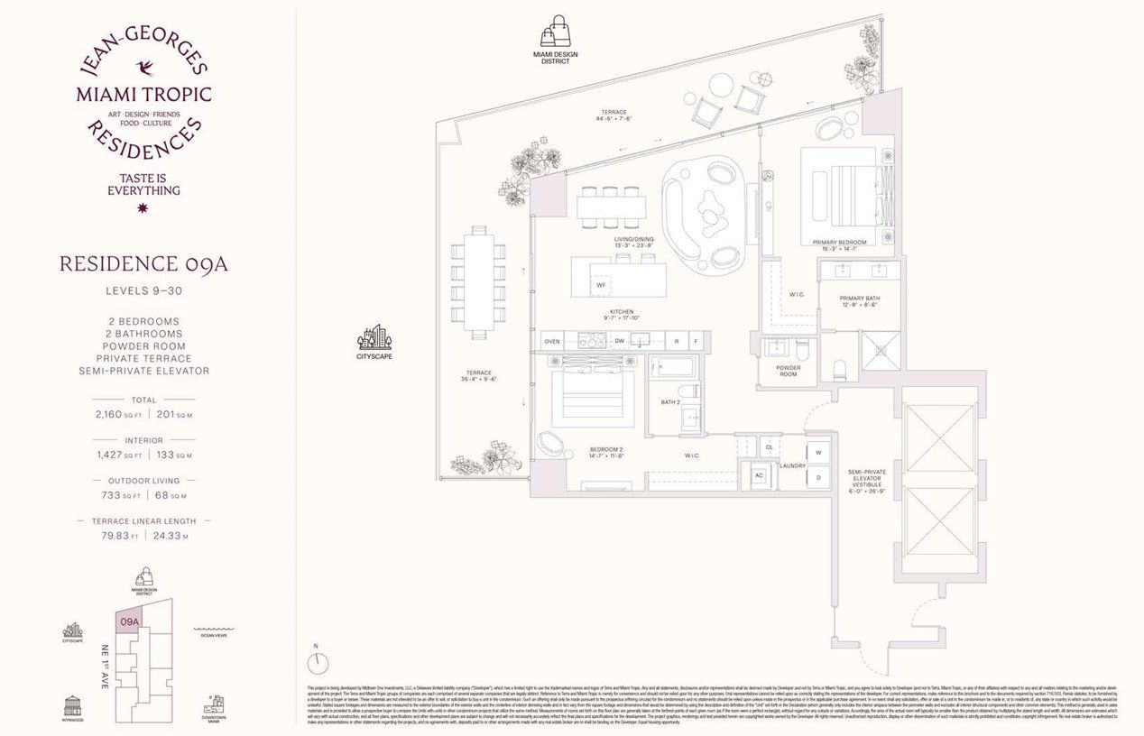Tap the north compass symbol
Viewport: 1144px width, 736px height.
click(318, 663)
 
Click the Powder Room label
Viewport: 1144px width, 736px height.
click(788, 371)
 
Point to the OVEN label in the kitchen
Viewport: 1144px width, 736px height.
click(552, 341)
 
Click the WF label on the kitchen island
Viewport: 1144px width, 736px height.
click(600, 285)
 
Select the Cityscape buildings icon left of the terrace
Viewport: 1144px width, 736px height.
click(374, 336)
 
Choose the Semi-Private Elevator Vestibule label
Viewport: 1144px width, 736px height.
click(871, 485)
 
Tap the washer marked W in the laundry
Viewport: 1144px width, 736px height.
click(818, 452)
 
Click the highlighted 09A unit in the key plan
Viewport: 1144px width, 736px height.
click(129, 622)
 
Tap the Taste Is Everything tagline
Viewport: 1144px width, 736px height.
click(143, 184)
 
